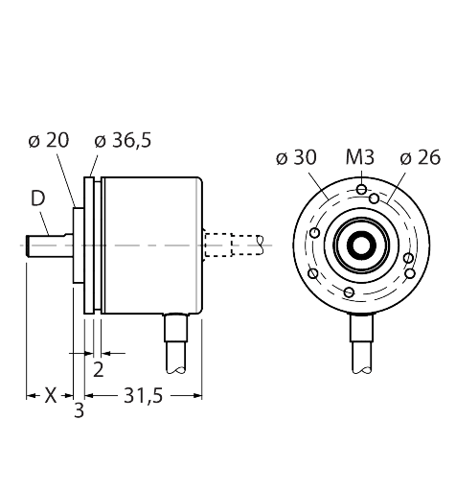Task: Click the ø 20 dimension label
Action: point(48,140)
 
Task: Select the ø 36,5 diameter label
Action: point(123,140)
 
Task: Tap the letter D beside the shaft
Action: point(37,198)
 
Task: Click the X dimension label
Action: point(51,394)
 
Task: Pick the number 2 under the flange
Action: point(98,369)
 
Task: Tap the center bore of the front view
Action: point(361,245)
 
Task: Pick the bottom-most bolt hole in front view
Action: point(350,292)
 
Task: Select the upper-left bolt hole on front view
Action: point(315,232)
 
